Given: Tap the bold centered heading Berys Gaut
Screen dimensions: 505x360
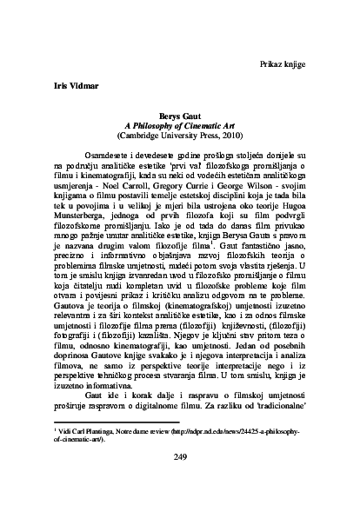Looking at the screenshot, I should coord(182,115).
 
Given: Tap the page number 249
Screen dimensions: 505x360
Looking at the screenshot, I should coord(181,458).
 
